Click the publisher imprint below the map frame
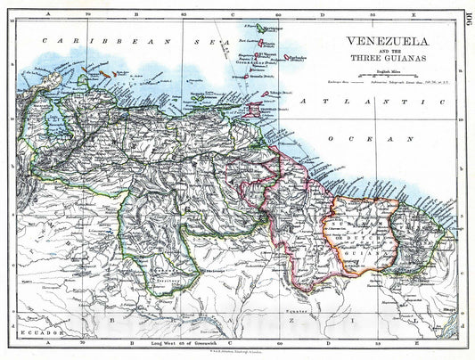237,348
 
